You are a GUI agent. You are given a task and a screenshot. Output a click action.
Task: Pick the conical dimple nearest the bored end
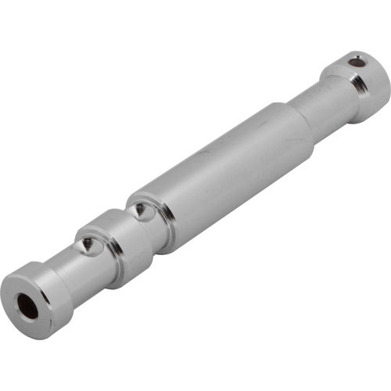88,246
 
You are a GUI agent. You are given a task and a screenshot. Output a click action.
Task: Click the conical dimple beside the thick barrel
139,210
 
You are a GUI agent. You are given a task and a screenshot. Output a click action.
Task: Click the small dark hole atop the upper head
356,60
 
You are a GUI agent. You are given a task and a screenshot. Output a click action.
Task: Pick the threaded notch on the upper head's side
361,84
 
